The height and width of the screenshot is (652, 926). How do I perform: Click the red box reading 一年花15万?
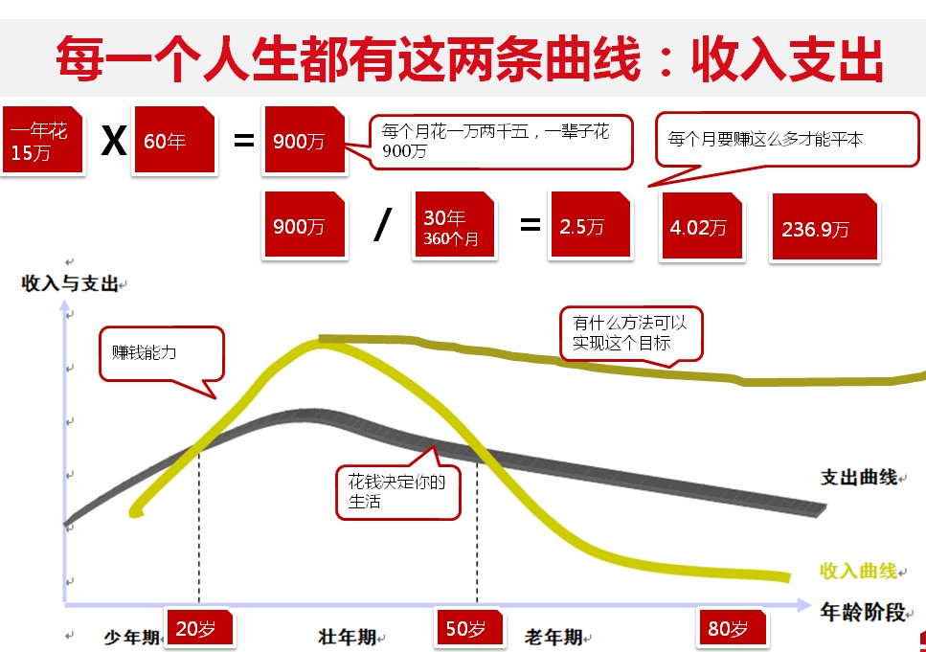coord(42,140)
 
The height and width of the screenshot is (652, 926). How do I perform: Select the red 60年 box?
coord(175,140)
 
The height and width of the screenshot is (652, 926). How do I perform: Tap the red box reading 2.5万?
coord(591,224)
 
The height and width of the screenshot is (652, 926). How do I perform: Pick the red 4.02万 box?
coord(702,226)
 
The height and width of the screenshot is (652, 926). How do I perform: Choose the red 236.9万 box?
coord(825,227)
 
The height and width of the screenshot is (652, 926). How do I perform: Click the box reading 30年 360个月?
coord(455,224)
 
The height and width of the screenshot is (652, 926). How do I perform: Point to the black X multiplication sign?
coord(114,141)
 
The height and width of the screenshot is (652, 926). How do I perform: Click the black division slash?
coord(383,225)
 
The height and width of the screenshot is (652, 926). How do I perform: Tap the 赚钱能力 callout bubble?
coord(161,353)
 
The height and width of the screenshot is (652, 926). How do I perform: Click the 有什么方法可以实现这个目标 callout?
coord(631,333)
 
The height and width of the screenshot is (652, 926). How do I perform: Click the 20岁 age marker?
coord(199,628)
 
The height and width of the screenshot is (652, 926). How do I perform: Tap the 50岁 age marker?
coord(469,628)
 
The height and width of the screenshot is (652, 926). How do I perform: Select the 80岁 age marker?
coord(733,628)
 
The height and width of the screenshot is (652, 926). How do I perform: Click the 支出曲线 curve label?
coord(859,477)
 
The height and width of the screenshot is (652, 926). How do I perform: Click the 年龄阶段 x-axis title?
coord(863,612)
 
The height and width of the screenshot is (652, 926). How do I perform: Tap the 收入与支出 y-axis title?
coord(70,283)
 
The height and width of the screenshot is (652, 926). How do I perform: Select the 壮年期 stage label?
coord(348,637)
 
